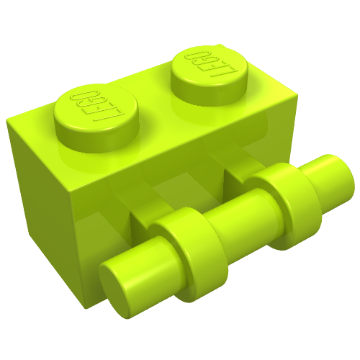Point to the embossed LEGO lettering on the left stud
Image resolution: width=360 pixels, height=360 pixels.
pos(96,106)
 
